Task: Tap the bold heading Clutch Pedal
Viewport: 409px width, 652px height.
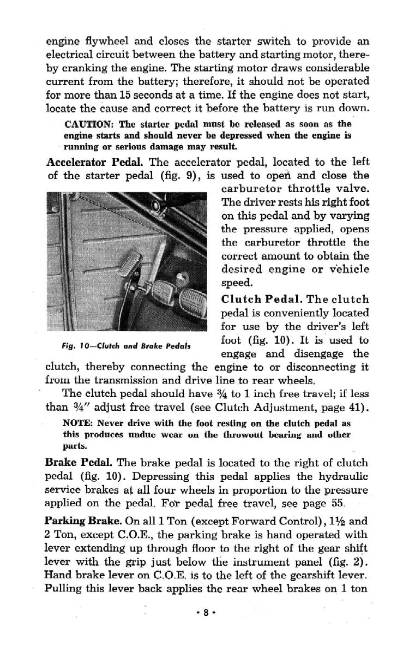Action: [260, 300]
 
